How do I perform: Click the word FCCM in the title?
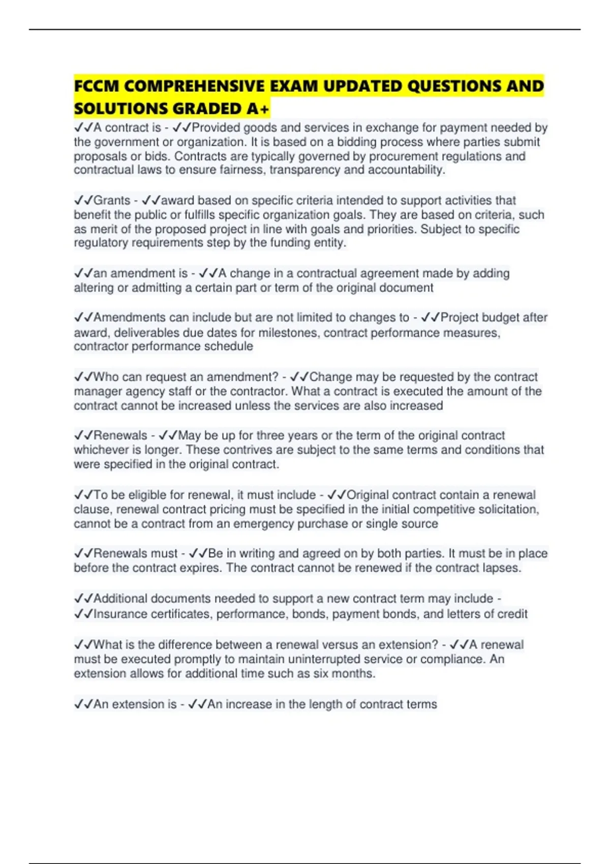(x=97, y=86)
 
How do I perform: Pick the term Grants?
(x=112, y=200)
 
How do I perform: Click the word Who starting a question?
(x=106, y=377)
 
